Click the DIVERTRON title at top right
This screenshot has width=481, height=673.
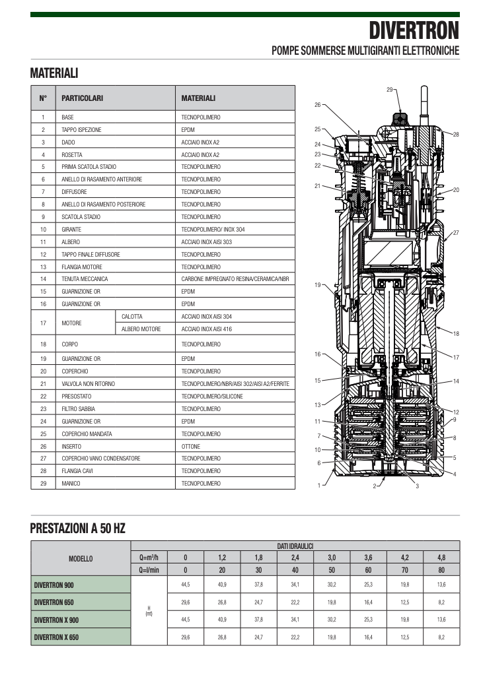414,31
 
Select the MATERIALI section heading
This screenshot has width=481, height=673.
54,73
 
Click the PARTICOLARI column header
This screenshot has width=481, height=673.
82,98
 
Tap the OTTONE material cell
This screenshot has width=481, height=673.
191,447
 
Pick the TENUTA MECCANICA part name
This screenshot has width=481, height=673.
85,279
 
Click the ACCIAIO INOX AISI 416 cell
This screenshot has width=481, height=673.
206,329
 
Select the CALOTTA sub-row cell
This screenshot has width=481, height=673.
132,317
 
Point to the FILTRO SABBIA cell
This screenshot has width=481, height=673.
78,409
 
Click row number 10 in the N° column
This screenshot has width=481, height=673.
43,230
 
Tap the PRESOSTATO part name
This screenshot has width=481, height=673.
77,397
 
